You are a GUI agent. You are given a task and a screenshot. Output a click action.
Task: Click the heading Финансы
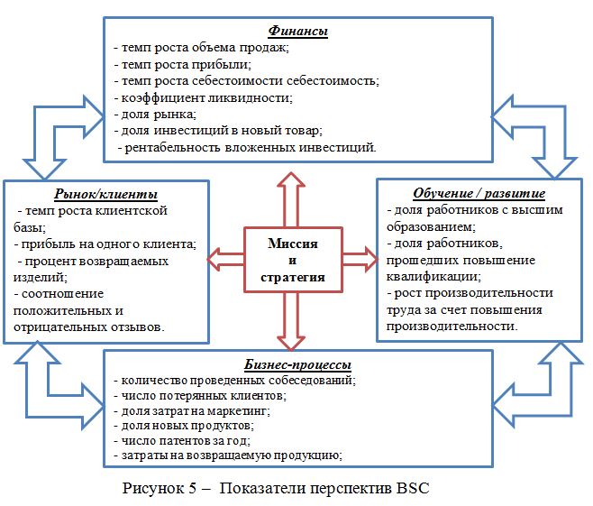[297, 32]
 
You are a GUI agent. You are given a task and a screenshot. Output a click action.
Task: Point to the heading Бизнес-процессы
[296, 364]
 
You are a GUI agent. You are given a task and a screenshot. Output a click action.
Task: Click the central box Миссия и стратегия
[294, 260]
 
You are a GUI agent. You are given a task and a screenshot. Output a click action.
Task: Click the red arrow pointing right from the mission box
[359, 260]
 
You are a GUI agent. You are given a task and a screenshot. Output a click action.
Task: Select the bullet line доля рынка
[154, 114]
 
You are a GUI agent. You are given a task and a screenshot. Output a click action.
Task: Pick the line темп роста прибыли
[187, 65]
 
